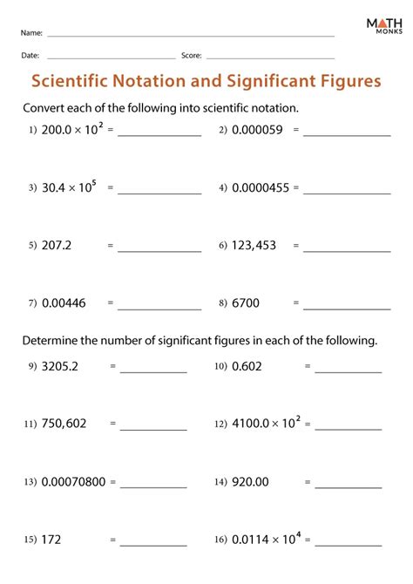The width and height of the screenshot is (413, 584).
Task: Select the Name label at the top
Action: pyautogui.click(x=31, y=34)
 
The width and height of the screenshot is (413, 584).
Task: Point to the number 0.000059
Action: pyautogui.click(x=258, y=130)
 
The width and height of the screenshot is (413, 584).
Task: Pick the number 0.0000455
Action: pyautogui.click(x=261, y=187)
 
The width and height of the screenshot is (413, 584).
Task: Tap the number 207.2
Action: pyautogui.click(x=57, y=246)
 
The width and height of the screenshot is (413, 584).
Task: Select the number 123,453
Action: pyautogui.click(x=254, y=246)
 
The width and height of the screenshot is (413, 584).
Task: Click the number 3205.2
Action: pyautogui.click(x=59, y=367)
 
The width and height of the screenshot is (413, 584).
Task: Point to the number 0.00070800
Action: pyautogui.click(x=73, y=481)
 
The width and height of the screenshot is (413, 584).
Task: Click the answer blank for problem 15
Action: pyautogui.click(x=153, y=544)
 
